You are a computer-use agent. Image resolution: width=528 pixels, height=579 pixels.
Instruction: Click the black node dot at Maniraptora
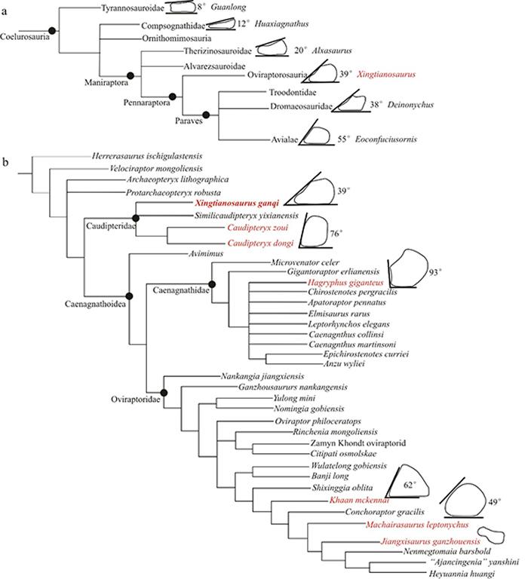pyautogui.click(x=130, y=75)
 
